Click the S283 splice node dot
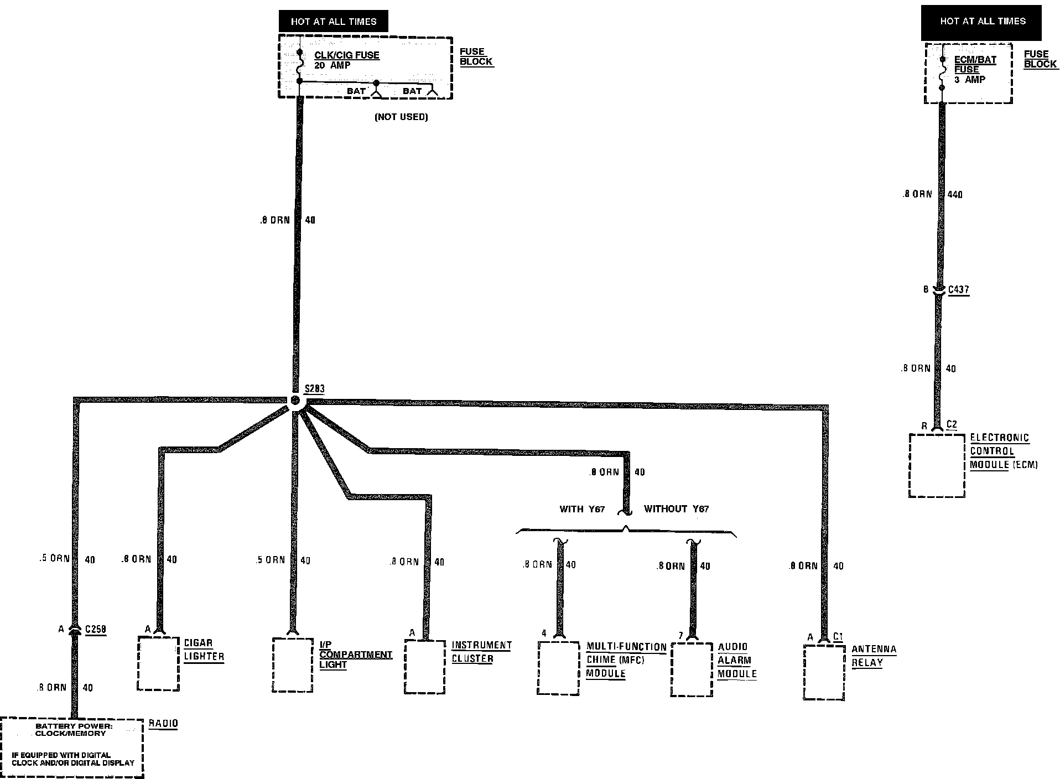click(x=295, y=400)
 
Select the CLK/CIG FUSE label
click(x=347, y=55)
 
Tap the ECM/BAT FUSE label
click(x=975, y=65)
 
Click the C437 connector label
click(x=958, y=289)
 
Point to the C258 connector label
click(x=95, y=629)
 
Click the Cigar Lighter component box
click(x=158, y=663)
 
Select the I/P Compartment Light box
click(x=293, y=664)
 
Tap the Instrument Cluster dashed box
click(x=425, y=667)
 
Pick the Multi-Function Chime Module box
click(x=558, y=668)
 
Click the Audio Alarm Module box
click(x=692, y=669)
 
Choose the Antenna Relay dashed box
click(x=824, y=672)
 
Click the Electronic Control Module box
click(x=937, y=465)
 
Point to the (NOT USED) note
click(x=401, y=117)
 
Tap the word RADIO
click(x=164, y=723)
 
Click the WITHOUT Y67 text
click(x=676, y=508)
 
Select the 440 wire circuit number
click(x=955, y=194)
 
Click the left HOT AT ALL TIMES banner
click(x=333, y=22)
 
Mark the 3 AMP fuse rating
click(x=970, y=80)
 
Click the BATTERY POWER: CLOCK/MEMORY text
click(x=70, y=730)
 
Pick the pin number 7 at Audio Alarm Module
click(x=681, y=636)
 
